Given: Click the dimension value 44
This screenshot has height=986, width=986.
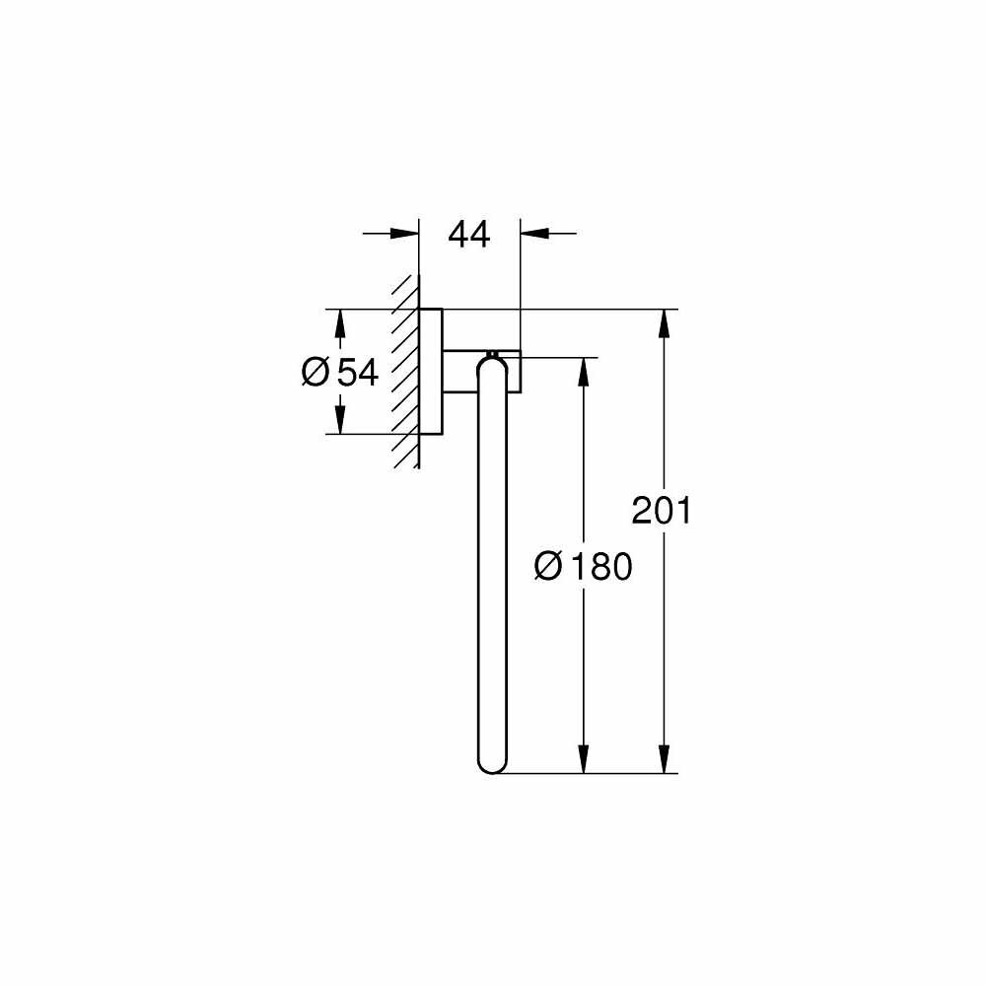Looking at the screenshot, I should coord(469,235).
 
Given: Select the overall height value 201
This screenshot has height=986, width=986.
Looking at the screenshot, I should coord(662,511).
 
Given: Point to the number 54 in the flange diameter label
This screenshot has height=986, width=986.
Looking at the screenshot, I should coord(358,372).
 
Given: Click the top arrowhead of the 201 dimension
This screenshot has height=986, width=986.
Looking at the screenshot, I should coord(668,323).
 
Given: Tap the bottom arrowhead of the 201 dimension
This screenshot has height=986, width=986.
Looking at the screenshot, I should coord(668,758).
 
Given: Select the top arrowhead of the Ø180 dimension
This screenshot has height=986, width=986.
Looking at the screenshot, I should coord(584,371).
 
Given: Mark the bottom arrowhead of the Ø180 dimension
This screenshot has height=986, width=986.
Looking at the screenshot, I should coord(584,758).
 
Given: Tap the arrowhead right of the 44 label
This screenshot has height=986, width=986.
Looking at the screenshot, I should coord(534,235).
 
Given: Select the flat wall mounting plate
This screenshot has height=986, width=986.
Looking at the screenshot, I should coord(431,372).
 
